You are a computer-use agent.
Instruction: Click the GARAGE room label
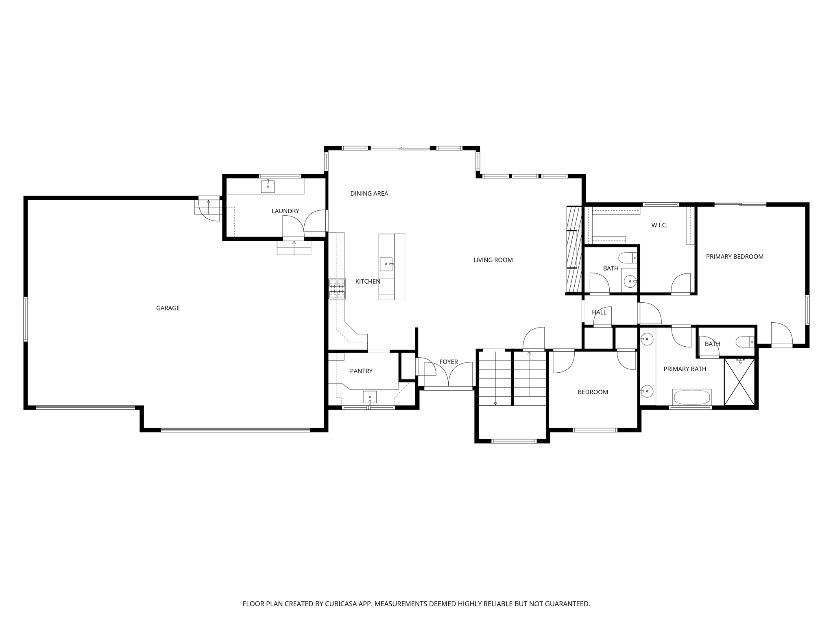(x=168, y=308)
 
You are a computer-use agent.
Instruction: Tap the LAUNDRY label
(x=285, y=211)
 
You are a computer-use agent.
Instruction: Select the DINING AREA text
(x=369, y=193)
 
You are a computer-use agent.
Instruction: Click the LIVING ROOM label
(x=493, y=260)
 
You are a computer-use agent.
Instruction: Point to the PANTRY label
(x=361, y=371)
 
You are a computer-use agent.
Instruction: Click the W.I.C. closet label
(x=659, y=225)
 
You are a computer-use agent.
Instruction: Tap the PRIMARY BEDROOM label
(x=734, y=256)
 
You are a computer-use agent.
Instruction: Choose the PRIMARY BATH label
(x=685, y=369)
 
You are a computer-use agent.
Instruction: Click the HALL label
(x=599, y=312)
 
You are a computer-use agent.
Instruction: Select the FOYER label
(x=448, y=362)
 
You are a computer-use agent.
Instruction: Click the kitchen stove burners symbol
(x=337, y=289)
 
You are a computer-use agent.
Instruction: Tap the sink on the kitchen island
(x=386, y=264)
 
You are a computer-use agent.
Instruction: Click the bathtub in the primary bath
(x=691, y=397)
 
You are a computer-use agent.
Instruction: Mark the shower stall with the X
(x=739, y=382)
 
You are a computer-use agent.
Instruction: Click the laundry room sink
(x=268, y=186)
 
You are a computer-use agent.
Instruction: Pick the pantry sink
(x=369, y=397)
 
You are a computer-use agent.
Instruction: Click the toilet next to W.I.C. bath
(x=627, y=258)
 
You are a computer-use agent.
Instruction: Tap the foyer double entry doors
(x=448, y=374)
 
